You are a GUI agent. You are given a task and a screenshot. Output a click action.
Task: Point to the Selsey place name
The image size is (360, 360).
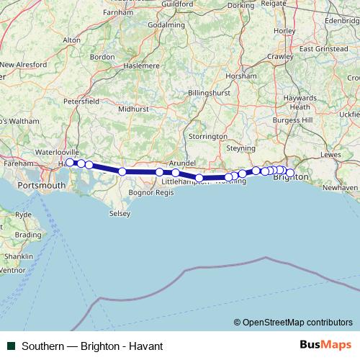[120, 214]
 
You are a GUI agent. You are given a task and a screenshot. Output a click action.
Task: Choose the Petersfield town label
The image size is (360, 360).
[81, 102]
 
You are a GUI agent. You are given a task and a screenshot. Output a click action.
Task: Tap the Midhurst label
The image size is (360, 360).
[132, 109]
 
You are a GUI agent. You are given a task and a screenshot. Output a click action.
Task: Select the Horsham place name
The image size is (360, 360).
[236, 76]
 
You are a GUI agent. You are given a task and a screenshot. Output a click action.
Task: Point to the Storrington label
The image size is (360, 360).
[208, 136]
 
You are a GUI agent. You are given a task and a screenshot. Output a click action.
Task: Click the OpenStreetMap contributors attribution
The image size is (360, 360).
[297, 322]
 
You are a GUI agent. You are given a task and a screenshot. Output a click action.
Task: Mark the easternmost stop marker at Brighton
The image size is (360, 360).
[289, 172]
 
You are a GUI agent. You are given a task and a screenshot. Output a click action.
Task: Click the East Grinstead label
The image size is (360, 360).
[323, 49]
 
